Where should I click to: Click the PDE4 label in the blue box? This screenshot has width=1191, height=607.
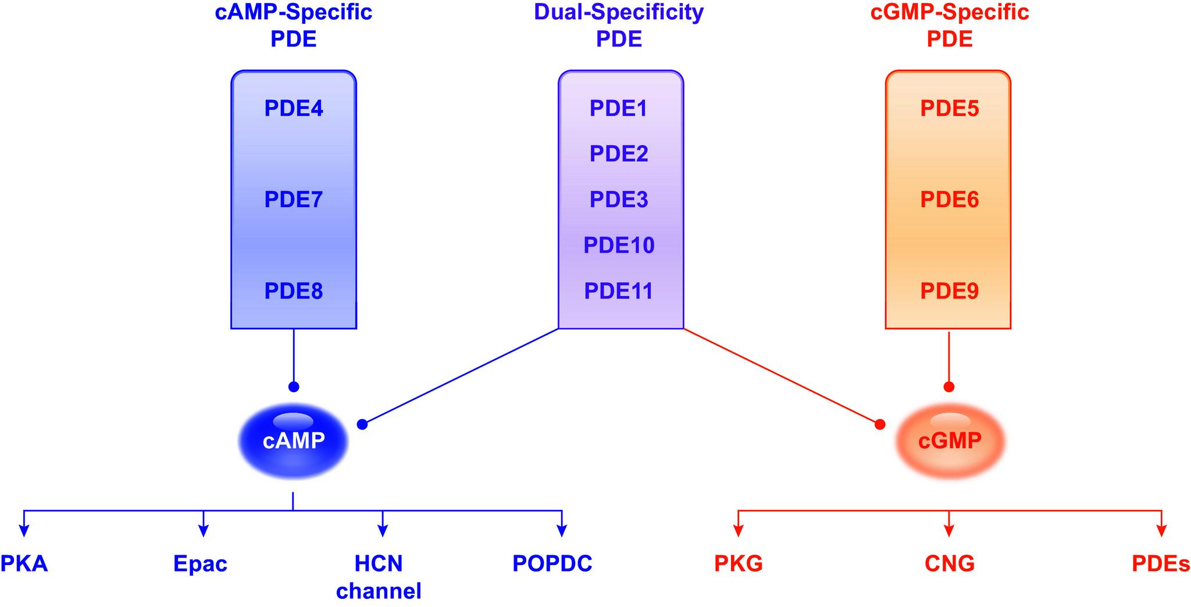coord(293,109)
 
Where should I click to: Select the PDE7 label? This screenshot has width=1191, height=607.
coord(293,200)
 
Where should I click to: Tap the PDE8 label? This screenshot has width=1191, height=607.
coord(293,291)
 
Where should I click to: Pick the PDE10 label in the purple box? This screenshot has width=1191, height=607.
coord(619,245)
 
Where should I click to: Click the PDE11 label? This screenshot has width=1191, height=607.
coord(619,291)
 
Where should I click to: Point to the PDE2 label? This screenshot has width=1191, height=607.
coord(619,154)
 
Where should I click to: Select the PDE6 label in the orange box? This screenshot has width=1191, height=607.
coord(949,200)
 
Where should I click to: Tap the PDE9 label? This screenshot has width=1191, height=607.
coord(949,291)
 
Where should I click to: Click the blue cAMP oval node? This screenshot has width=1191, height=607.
coord(293,441)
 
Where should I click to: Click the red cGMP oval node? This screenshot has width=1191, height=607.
coord(949,441)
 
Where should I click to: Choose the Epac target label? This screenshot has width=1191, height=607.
coord(200,564)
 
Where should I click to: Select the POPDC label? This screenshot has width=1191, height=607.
coord(552,563)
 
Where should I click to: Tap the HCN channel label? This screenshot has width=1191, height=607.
coord(379,577)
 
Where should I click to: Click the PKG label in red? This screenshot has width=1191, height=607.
coord(738,563)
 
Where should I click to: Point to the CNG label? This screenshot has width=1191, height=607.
coord(949,563)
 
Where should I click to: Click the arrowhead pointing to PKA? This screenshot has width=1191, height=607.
coord(24,530)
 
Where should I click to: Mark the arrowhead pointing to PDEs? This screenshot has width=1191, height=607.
coord(1161,530)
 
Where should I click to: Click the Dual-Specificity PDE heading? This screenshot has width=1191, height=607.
coord(619,25)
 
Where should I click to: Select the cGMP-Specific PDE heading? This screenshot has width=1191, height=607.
coord(949,25)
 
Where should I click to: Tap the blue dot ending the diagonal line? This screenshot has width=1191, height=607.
coord(362,424)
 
